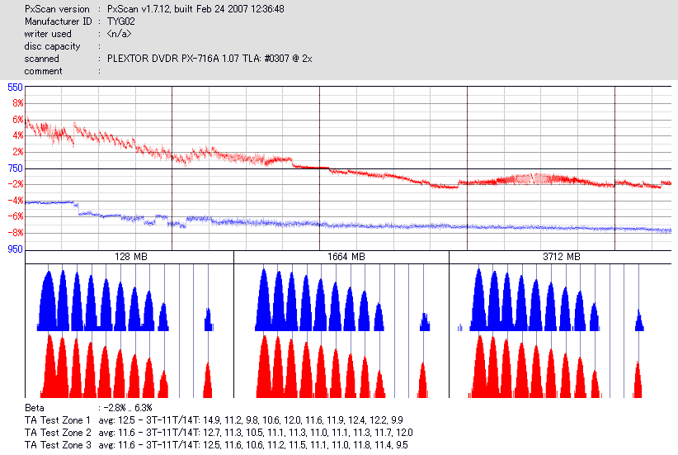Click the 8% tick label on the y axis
pyautogui.click(x=16, y=103)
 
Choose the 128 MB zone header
pyautogui.click(x=129, y=258)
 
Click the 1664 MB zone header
pyautogui.click(x=341, y=258)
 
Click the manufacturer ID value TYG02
pyautogui.click(x=120, y=21)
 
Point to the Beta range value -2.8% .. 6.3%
pyautogui.click(x=125, y=408)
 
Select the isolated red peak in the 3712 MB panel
pyautogui.click(x=638, y=382)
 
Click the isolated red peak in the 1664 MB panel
pyautogui.click(x=423, y=382)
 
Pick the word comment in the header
pyautogui.click(x=43, y=71)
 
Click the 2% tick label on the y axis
pyautogui.click(x=16, y=152)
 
